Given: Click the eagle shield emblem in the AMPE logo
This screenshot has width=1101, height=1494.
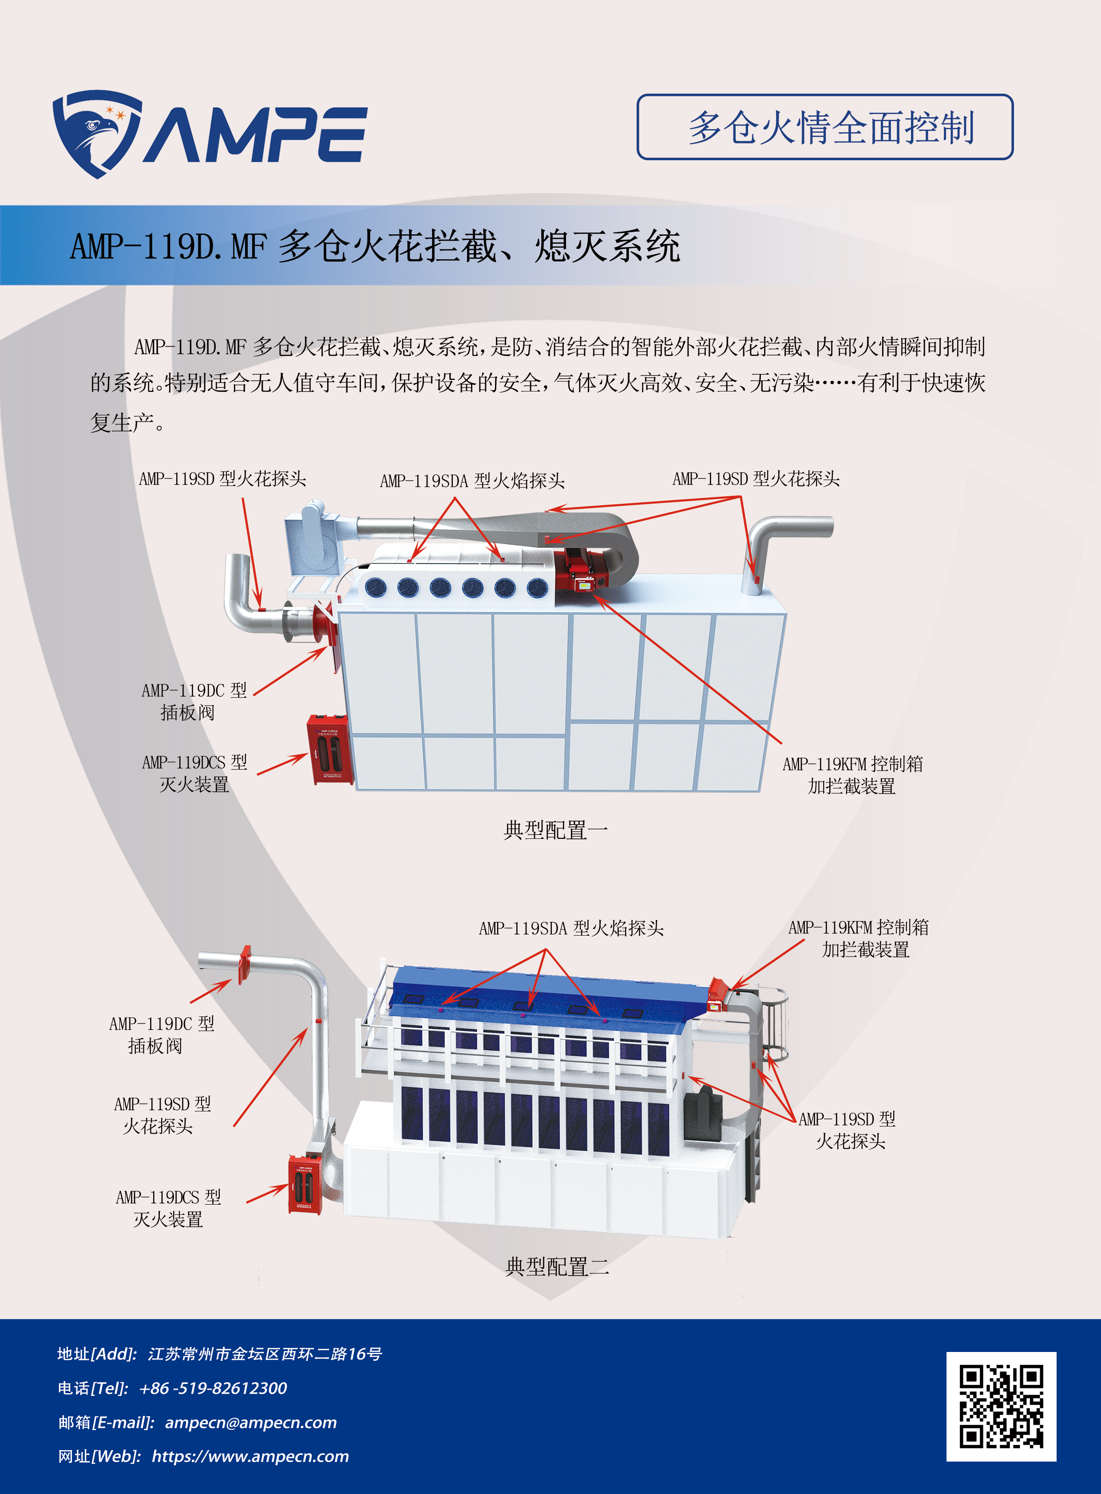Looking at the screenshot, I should (97, 133).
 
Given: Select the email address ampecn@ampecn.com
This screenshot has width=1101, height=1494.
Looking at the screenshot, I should (250, 1422).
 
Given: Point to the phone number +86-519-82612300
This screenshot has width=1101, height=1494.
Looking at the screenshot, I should (213, 1388).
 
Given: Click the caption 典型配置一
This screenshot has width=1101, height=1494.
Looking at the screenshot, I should (555, 830).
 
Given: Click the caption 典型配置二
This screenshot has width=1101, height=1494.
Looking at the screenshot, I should (557, 1266).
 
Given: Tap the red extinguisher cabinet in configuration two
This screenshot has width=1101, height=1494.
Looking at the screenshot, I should (305, 1184).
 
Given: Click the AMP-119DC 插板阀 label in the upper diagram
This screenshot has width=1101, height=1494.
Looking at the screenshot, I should (193, 701).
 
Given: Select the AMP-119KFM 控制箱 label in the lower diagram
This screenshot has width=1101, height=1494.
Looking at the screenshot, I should (859, 937).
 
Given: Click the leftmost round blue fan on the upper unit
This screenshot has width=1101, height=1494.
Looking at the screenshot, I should (375, 586).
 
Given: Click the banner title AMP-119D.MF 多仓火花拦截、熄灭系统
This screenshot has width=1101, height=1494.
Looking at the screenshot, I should (375, 246).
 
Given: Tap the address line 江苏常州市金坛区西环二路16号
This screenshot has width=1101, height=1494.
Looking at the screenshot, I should (265, 1354).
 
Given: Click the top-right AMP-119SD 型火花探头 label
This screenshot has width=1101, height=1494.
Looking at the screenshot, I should (756, 478).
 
